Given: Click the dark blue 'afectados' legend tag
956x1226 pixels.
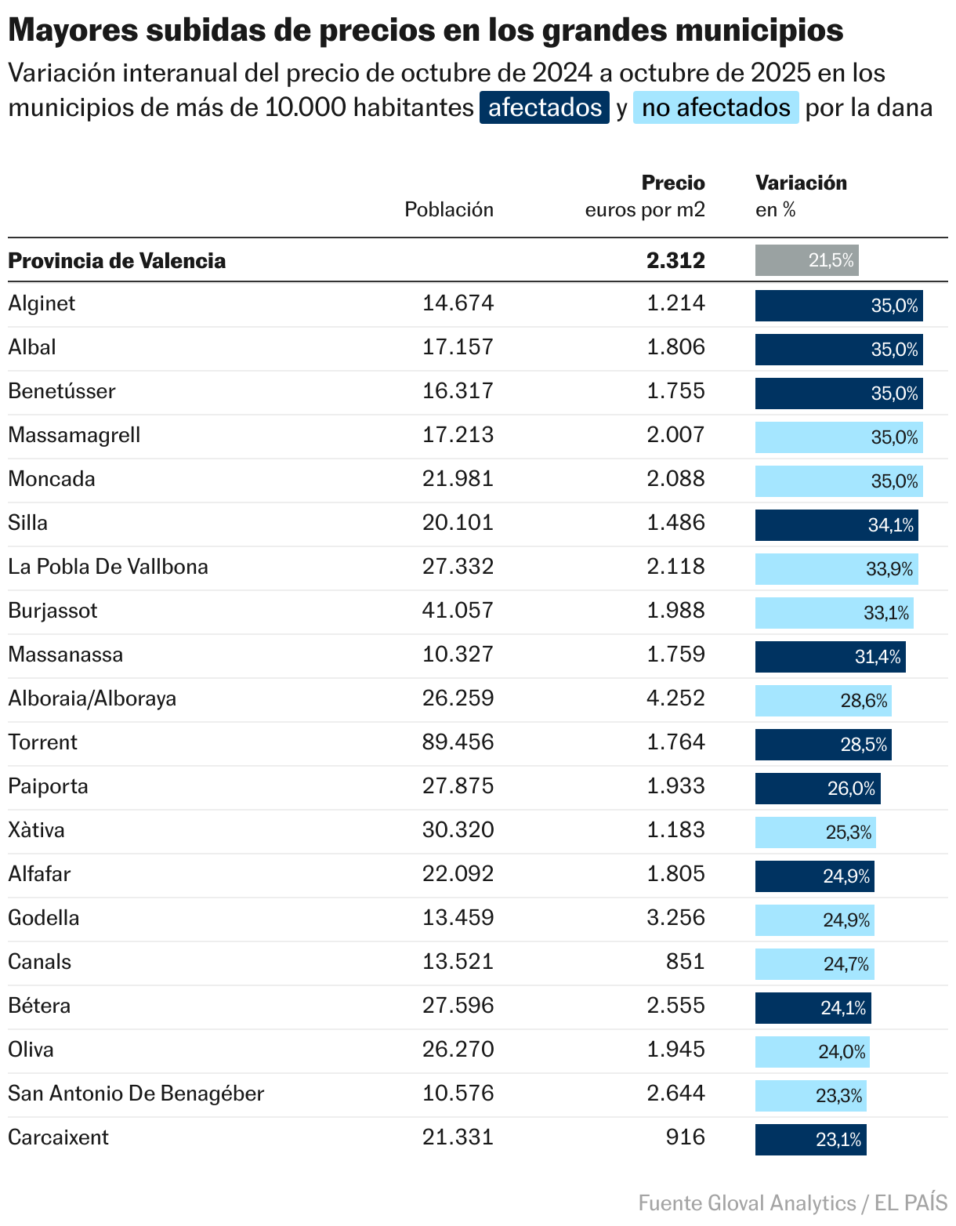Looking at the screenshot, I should pos(545,107).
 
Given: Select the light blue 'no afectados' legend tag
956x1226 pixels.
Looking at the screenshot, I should pos(715,107).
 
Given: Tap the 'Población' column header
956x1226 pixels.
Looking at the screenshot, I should pos(449,209).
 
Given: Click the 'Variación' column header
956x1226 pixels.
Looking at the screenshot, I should pos(801,183).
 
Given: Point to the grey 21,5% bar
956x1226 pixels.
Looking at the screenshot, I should pos(806,260).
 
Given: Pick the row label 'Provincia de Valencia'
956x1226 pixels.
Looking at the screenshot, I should pos(117,260).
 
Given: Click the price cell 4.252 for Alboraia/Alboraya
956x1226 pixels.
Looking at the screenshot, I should pos(675,698).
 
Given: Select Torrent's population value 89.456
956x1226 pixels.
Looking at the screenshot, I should pos(458,742).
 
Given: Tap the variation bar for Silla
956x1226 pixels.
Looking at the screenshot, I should pos(836,525).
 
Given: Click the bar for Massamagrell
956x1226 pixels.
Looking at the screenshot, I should pos(838,437).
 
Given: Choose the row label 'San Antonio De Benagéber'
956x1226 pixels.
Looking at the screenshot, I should pos(136,1094).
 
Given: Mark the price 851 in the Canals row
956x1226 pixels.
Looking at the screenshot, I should pos(686,962).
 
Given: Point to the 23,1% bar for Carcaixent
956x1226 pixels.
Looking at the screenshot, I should pos(810,1140).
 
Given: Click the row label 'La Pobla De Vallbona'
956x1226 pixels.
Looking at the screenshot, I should pos(108,567).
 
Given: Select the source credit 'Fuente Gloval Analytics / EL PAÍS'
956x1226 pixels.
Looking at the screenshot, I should pos(792,1202).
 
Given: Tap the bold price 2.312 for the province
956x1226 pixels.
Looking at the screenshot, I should pos(675,260).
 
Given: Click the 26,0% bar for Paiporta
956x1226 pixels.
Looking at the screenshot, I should pos(817,789).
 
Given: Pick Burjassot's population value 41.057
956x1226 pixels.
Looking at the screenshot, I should pos(458,611).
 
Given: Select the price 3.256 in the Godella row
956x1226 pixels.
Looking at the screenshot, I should pos(675,918).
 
